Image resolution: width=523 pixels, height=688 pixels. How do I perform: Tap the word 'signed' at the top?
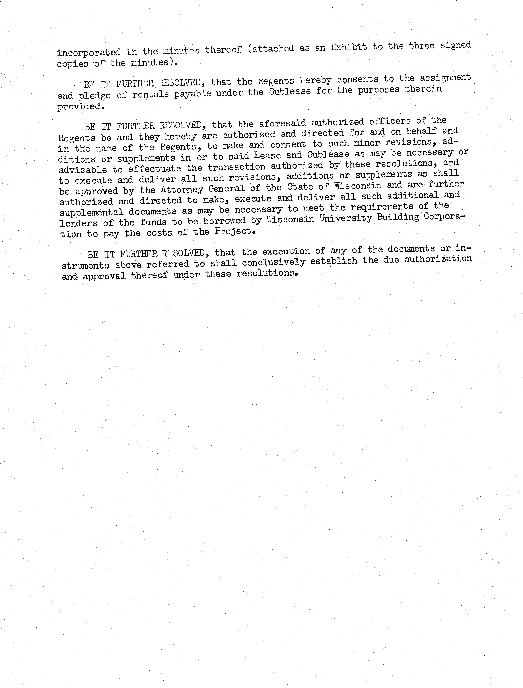point(455,45)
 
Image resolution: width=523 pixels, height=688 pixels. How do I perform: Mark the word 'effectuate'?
point(154,168)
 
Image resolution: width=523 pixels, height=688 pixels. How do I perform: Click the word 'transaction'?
point(237,167)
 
